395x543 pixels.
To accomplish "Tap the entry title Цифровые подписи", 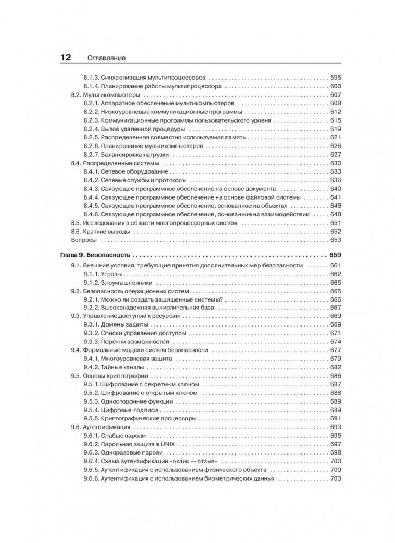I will pyautogui.click(x=127, y=410).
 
